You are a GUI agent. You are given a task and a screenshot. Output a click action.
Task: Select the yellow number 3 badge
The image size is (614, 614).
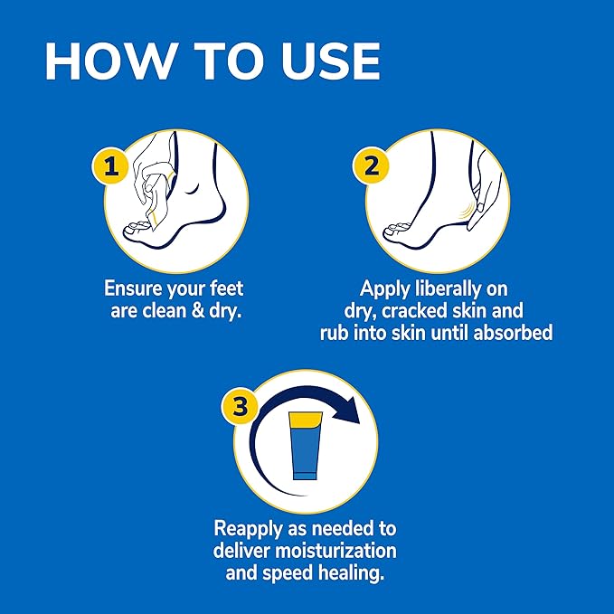[x=239, y=408]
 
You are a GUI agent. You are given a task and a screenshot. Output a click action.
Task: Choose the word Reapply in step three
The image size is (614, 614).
[x=250, y=527]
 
